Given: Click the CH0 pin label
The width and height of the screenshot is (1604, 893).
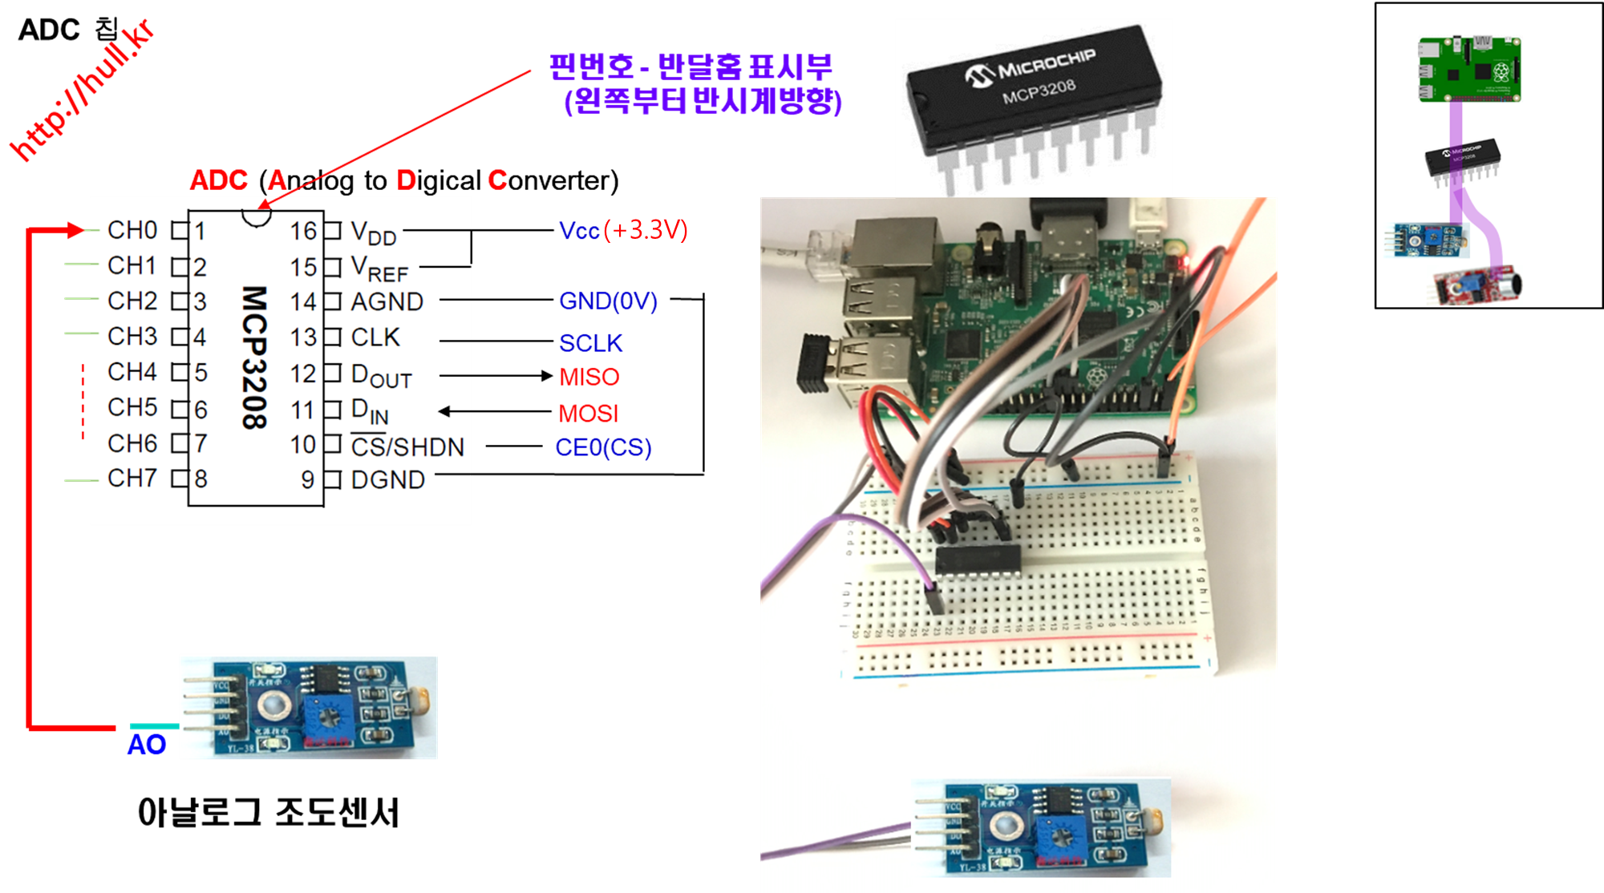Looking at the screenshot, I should point(132,230).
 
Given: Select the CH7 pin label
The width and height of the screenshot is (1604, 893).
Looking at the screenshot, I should point(132,479).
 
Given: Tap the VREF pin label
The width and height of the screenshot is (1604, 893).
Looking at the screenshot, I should point(380,269).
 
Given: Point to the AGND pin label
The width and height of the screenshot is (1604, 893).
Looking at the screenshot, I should point(387,302).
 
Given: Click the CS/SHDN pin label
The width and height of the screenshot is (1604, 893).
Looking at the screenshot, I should point(407,447).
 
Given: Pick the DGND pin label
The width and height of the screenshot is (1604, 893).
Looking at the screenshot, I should point(388,479).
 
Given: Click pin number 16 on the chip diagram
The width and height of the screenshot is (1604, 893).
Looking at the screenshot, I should point(303,232).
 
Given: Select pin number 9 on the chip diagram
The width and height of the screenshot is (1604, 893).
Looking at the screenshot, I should point(307,479).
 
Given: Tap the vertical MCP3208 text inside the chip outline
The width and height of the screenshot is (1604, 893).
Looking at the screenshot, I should point(254,358).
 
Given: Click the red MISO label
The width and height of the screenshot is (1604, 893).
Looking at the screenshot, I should point(589,377).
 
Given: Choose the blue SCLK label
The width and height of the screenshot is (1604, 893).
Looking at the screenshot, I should point(591,343).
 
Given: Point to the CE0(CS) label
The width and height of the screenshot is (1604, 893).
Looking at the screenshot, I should point(603,447).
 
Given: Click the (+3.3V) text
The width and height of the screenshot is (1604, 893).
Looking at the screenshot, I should point(646,230).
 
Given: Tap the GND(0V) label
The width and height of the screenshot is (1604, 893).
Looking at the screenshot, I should point(608,301).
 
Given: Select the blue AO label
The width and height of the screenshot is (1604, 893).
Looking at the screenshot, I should point(147,745).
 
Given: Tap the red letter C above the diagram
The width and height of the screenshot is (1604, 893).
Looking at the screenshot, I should point(497,180).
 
